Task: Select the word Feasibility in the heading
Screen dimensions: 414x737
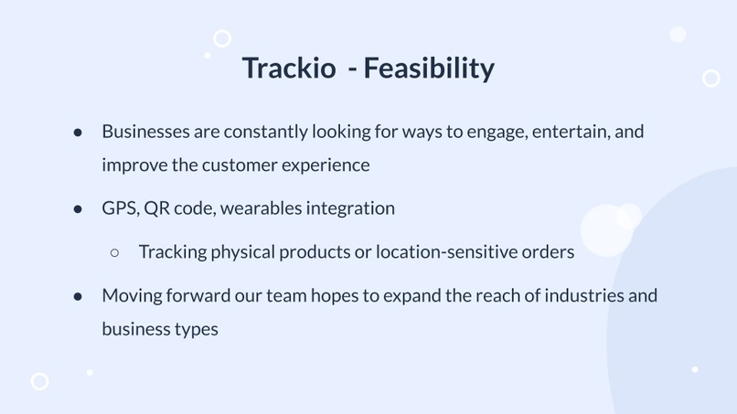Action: click(429, 69)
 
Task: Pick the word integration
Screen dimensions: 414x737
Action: click(350, 208)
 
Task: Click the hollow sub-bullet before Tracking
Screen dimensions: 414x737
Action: click(115, 252)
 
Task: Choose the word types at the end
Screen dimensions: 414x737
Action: click(196, 329)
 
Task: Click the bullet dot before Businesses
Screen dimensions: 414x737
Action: click(79, 133)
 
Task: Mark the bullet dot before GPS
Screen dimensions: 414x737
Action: click(79, 209)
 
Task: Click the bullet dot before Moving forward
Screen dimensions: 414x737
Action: click(79, 297)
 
